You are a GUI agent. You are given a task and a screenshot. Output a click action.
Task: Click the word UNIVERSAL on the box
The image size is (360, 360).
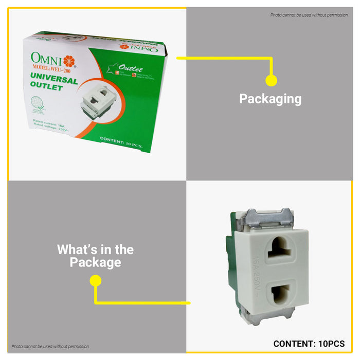point(53,80)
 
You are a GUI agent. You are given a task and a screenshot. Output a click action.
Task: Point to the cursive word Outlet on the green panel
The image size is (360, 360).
point(131,69)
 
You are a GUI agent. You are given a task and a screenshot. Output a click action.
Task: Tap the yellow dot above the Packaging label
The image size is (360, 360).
point(271,80)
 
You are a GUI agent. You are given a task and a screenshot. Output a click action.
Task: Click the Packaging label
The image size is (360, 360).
point(271,99)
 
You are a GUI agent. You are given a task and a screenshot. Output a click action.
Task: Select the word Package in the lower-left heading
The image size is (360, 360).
point(95,263)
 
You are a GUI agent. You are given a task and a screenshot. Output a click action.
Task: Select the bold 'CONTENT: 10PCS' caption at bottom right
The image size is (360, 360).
point(309,344)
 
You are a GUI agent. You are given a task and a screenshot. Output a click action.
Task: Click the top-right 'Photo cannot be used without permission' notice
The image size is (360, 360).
point(309,15)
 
